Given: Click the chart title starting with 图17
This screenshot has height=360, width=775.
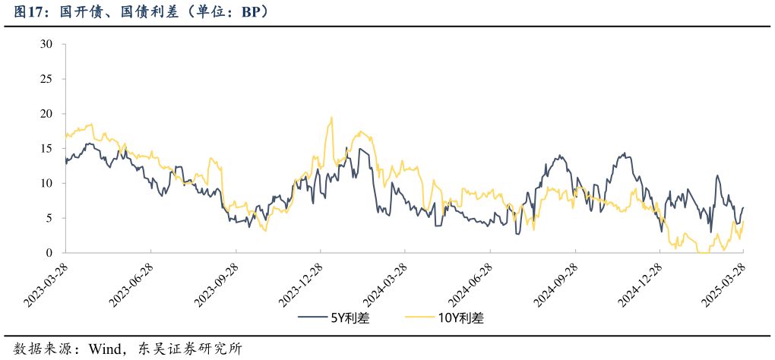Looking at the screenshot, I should tap(141, 13).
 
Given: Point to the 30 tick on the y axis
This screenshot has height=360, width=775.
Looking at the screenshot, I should tap(46, 44).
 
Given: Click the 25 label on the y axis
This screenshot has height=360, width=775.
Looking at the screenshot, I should tap(46, 79).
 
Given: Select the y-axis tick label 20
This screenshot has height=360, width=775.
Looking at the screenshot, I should tap(46, 114).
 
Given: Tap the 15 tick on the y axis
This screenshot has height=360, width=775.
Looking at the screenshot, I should tap(46, 149).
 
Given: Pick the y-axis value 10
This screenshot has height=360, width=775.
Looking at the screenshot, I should tap(46, 183).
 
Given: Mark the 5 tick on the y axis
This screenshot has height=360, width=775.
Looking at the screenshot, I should tap(49, 218).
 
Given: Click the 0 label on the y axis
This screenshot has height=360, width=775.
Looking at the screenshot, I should tap(49, 253).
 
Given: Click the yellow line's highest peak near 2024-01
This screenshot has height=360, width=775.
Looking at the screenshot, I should tap(331, 118).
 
